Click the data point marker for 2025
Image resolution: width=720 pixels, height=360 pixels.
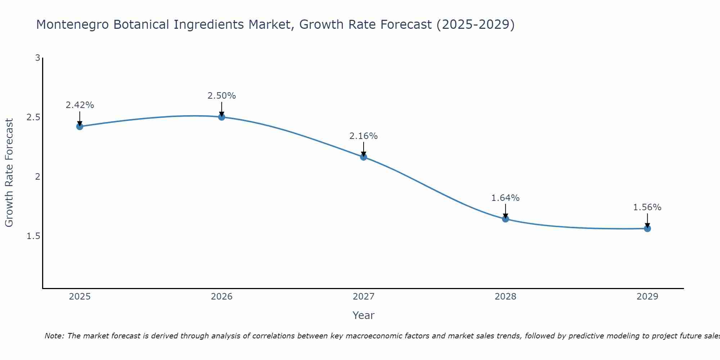(80, 126)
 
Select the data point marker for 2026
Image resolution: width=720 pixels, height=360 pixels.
(222, 117)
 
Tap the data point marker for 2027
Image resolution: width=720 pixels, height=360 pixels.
(364, 157)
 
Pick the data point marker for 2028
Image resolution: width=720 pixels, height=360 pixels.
(505, 219)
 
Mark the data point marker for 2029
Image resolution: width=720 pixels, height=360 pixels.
(647, 229)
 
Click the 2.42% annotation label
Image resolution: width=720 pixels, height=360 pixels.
(80, 105)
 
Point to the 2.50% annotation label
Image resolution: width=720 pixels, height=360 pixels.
(222, 96)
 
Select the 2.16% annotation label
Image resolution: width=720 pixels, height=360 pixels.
(364, 136)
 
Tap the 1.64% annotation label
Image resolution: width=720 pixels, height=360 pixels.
(505, 198)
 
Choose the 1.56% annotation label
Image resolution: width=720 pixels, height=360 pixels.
(647, 207)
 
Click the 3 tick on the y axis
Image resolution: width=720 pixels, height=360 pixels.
(37, 58)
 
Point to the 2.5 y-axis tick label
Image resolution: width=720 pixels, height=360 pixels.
(33, 117)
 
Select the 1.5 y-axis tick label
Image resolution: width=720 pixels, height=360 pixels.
(33, 236)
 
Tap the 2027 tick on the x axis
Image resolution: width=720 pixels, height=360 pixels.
(364, 297)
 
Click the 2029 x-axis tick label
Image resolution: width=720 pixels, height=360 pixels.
(647, 297)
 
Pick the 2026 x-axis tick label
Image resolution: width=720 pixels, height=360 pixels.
(222, 297)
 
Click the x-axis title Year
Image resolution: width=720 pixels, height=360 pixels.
(364, 315)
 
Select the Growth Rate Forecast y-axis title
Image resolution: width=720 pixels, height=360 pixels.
(9, 173)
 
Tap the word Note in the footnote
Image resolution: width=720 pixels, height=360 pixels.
(54, 336)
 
